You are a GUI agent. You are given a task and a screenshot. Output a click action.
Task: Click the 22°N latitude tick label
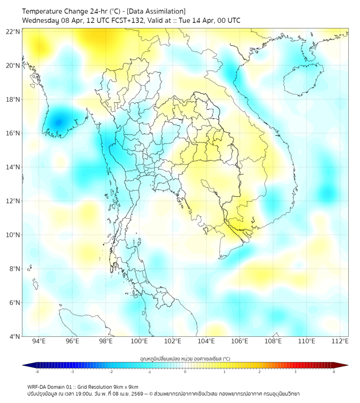[13, 31]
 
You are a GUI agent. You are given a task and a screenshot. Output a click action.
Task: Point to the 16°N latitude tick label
[13, 133]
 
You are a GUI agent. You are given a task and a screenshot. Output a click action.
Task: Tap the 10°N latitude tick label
[13, 235]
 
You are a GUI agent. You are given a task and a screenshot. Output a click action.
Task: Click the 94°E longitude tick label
[39, 341]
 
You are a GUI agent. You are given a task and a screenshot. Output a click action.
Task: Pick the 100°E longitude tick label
[139, 341]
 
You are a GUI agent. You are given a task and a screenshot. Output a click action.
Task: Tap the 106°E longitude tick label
[240, 341]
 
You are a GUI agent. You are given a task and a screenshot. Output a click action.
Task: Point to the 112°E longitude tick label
[340, 341]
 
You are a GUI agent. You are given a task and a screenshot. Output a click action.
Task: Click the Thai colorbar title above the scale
[185, 358]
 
